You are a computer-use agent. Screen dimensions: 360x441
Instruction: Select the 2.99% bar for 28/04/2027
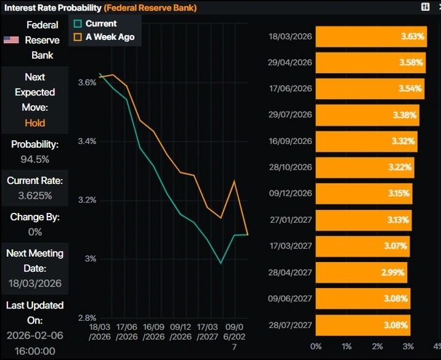[x=362, y=273]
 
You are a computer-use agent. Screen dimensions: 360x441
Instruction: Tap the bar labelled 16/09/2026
[x=367, y=141]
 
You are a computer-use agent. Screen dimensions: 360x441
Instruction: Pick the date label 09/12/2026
[x=291, y=193]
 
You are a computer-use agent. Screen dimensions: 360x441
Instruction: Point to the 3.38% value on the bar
[x=404, y=114]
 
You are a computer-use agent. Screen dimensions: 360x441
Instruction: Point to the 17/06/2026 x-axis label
[x=127, y=333]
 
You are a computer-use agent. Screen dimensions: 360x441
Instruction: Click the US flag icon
[x=11, y=40]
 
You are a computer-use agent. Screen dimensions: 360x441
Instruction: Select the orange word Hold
[x=35, y=122]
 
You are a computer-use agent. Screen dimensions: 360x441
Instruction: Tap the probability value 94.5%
[x=35, y=159]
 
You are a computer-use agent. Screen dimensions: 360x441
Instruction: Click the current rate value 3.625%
[x=35, y=196]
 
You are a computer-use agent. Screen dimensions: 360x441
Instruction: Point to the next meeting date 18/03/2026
[x=35, y=284]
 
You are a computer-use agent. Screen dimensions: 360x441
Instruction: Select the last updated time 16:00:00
[x=35, y=351]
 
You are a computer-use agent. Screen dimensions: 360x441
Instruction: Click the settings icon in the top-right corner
[x=425, y=6]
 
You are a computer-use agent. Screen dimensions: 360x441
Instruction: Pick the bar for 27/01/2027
[x=363, y=220]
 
